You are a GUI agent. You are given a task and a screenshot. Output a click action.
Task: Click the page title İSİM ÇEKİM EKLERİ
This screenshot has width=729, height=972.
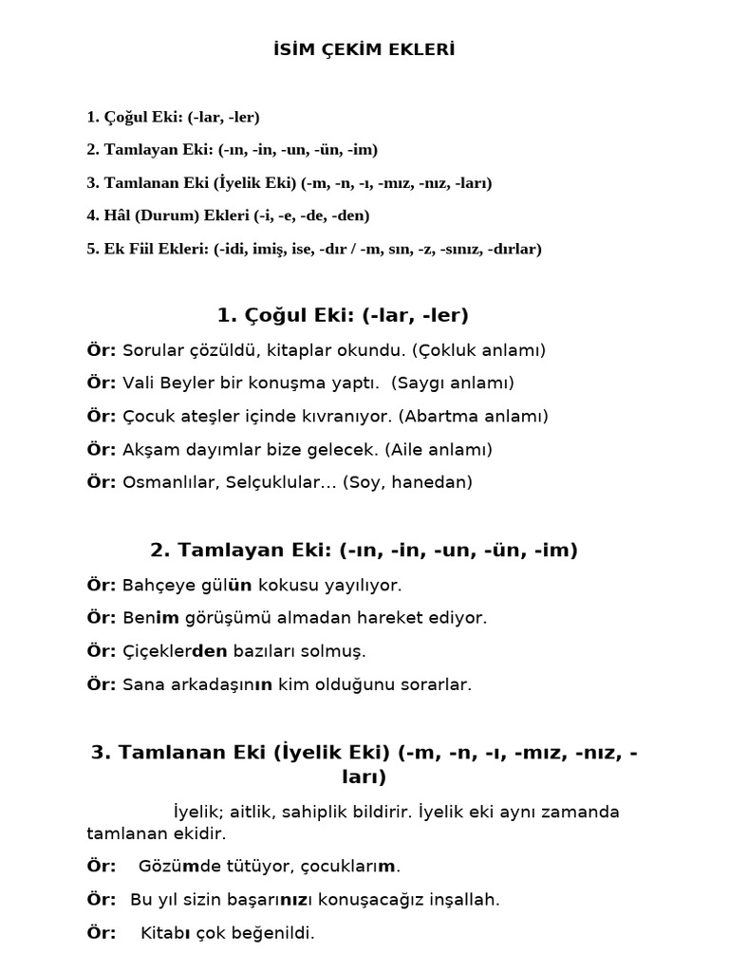(364, 49)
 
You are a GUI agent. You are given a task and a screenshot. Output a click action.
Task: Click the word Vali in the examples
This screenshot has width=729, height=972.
(138, 383)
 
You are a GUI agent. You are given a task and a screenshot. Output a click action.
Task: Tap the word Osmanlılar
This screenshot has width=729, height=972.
(172, 482)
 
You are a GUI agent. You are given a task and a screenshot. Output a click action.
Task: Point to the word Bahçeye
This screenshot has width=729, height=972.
(154, 585)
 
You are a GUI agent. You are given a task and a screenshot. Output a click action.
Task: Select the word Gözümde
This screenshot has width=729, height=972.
(178, 867)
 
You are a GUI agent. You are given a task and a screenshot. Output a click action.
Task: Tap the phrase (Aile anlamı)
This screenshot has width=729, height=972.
(433, 450)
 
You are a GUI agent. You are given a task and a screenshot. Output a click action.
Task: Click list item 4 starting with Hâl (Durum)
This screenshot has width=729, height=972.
(228, 215)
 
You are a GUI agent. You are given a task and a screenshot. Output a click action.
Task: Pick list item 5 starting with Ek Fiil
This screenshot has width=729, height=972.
(313, 249)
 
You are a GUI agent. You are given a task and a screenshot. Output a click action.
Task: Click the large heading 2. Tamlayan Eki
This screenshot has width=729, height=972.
(364, 550)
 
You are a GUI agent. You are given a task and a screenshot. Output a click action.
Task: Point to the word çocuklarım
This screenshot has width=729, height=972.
(351, 867)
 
